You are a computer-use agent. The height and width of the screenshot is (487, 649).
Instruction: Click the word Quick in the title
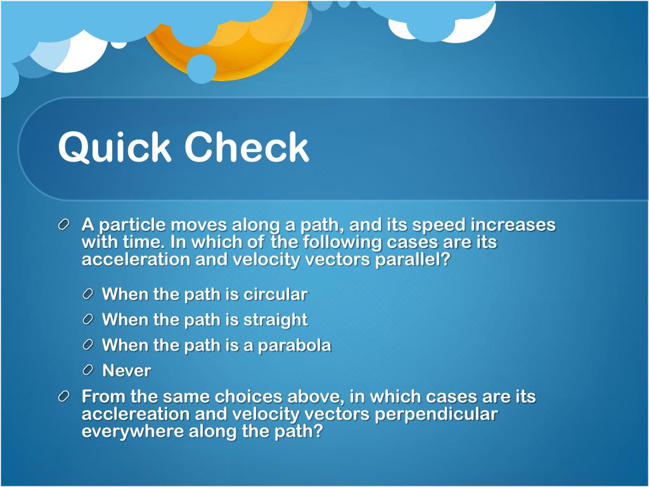(x=115, y=148)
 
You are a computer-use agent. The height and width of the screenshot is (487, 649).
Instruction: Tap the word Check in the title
(x=247, y=148)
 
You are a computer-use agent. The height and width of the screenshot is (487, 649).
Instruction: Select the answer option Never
(x=127, y=371)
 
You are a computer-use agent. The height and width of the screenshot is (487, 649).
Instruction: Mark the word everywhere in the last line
(x=132, y=432)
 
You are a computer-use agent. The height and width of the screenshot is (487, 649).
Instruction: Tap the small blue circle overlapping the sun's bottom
(x=202, y=68)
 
